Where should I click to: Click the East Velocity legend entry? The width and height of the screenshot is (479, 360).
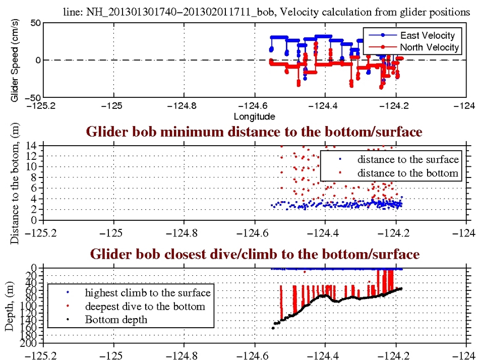coord(427,35)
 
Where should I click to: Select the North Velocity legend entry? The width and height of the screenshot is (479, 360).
coord(429,47)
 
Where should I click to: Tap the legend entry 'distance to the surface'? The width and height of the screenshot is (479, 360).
coord(408,160)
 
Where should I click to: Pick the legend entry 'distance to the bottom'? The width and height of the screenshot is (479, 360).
coord(408,173)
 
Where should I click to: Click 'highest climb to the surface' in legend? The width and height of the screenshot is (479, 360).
coord(147,292)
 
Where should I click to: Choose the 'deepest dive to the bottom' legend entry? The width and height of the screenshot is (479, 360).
coord(145,306)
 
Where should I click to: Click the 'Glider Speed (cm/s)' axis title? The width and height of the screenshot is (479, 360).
coord(15,60)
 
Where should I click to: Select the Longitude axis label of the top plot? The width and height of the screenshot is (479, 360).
coord(254,116)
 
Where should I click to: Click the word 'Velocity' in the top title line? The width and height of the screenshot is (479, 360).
coord(304,12)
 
